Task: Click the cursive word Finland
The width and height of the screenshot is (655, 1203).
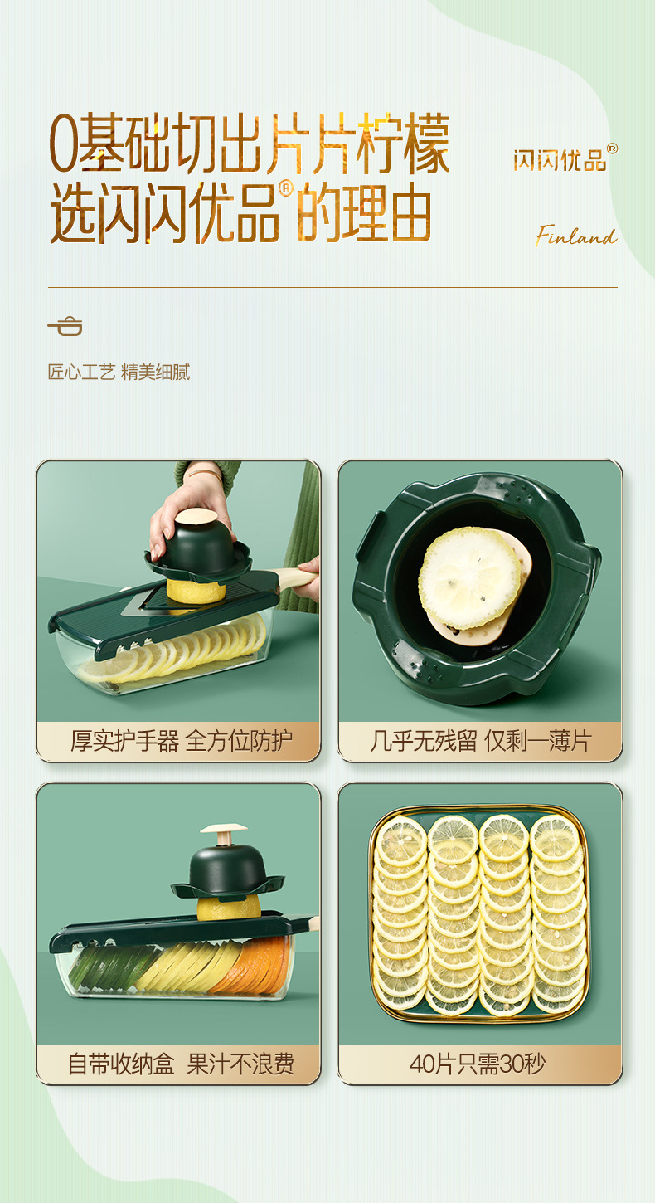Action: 576,237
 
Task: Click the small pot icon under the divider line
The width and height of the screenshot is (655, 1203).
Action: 65,325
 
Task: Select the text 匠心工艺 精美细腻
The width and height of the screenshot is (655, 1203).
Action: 119,372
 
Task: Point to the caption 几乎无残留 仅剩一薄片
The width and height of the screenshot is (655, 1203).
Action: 480,741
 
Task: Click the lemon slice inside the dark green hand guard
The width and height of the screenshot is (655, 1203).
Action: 470,577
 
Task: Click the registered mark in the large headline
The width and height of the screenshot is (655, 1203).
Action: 285,189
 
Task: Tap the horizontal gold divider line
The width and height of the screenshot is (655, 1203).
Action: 332,287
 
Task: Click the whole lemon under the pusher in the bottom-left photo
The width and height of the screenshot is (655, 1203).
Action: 229,907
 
